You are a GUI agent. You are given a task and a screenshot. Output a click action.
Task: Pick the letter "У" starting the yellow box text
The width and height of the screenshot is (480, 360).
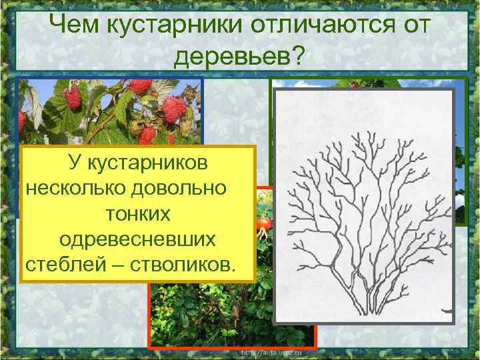pyautogui.click(x=72, y=163)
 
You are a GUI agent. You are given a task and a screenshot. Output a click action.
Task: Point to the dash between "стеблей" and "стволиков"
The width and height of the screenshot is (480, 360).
pyautogui.click(x=112, y=265)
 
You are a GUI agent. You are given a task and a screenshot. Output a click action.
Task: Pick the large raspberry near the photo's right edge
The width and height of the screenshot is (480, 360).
pyautogui.click(x=174, y=109)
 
